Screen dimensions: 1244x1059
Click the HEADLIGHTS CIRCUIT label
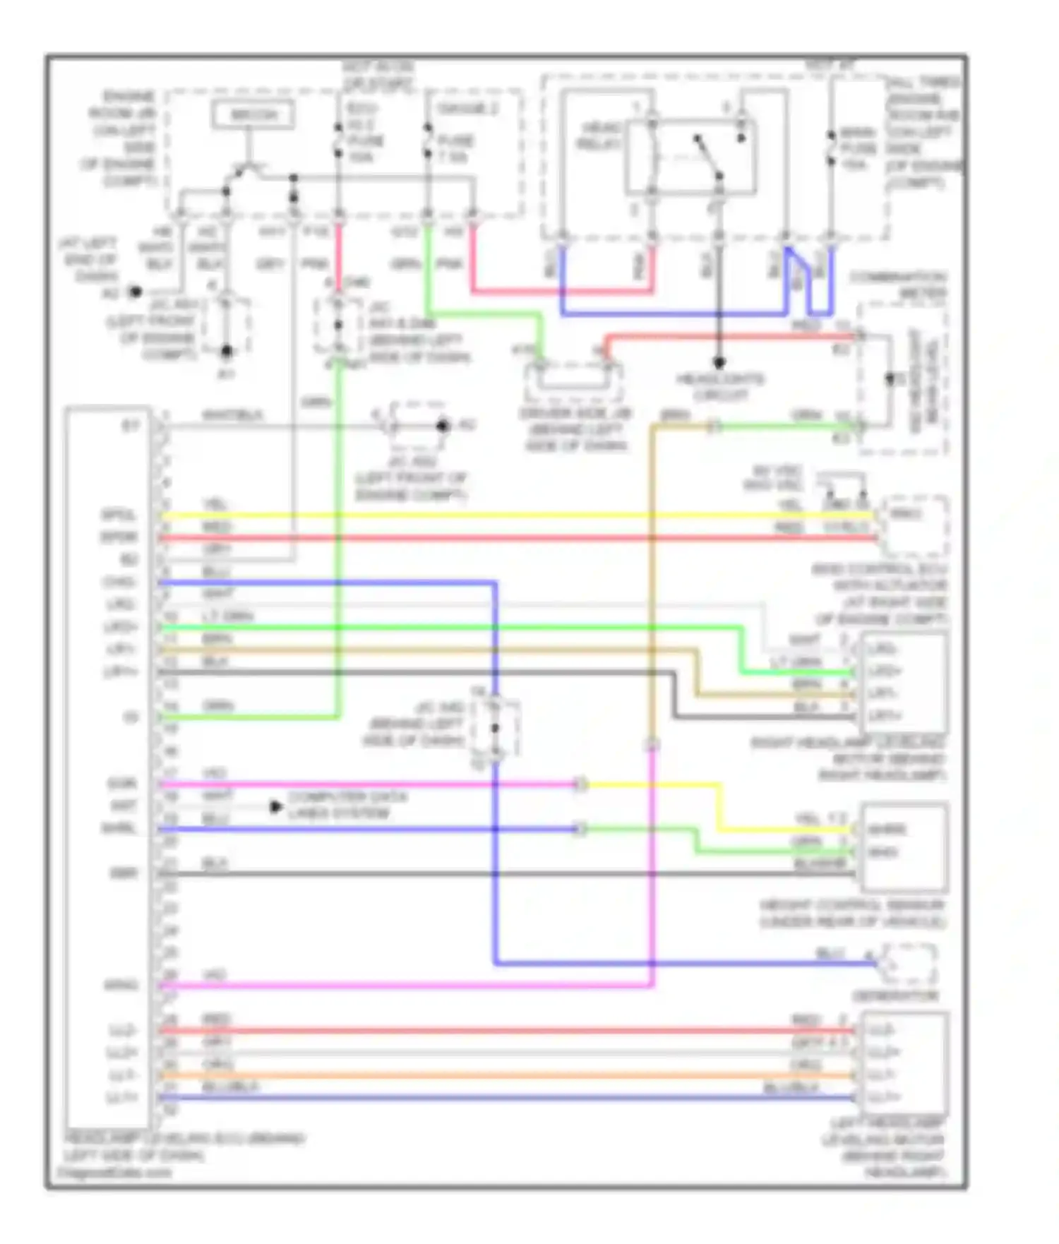(719, 387)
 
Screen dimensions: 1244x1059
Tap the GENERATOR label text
(895, 996)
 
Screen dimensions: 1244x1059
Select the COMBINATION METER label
(898, 284)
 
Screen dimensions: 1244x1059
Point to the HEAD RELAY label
(599, 136)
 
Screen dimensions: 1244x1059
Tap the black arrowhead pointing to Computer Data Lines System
(276, 806)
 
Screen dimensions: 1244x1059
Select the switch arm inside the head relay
(708, 156)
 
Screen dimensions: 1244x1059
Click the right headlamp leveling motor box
(902, 683)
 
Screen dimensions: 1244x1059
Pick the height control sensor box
(904, 847)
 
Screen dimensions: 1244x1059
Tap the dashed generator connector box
(909, 964)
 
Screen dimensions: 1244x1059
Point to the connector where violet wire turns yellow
(580, 784)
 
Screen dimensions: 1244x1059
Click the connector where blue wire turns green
(580, 829)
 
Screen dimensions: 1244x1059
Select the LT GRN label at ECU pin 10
(227, 616)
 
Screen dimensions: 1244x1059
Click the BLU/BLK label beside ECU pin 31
(230, 1087)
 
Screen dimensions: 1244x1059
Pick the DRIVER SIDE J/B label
(575, 429)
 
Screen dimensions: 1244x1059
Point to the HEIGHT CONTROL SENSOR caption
(852, 914)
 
